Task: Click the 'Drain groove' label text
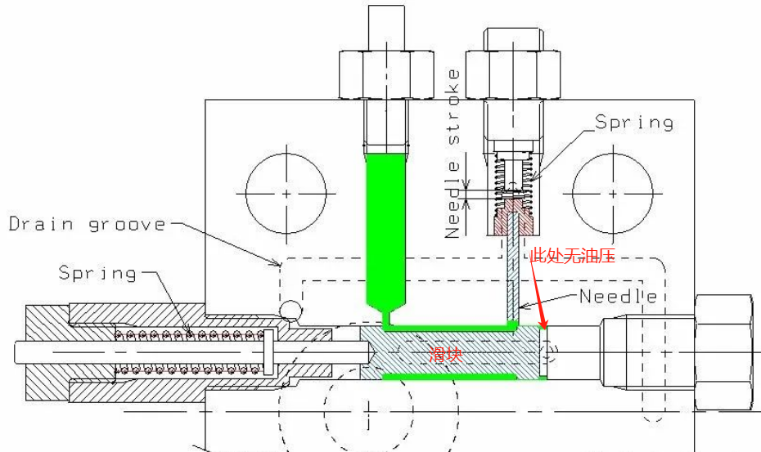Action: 88,224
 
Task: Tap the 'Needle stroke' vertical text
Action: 453,154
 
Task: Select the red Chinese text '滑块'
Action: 445,355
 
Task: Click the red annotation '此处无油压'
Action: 573,255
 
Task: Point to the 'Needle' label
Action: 619,296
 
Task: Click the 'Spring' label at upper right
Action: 634,123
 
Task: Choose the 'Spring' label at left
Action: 97,273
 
